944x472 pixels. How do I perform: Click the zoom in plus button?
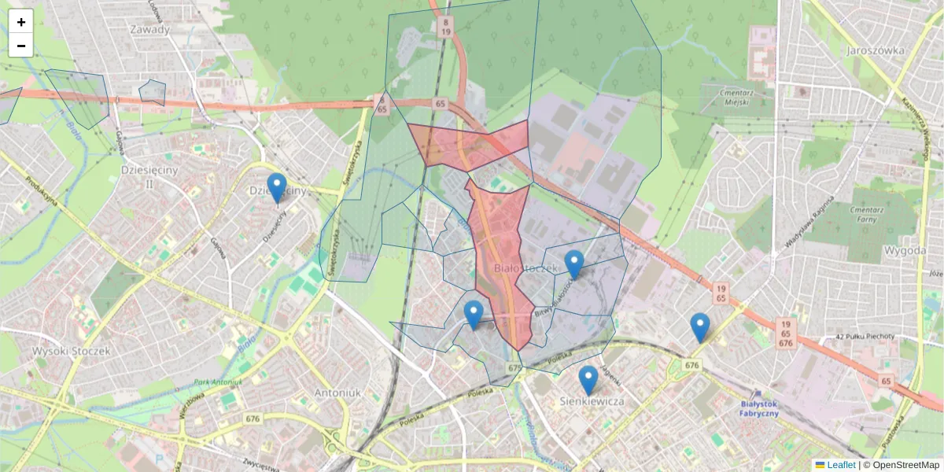coord(21,22)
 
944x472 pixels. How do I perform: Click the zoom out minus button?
coord(21,46)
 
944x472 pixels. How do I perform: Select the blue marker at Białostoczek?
coord(574,264)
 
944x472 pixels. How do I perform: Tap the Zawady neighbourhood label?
coord(151,30)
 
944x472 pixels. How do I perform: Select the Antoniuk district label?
coord(337,392)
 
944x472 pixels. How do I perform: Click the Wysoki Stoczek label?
coord(72,351)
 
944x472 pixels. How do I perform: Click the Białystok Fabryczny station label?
coord(759,408)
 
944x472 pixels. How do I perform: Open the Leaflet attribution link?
coord(841,465)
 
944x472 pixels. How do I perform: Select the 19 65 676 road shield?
coord(785,334)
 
